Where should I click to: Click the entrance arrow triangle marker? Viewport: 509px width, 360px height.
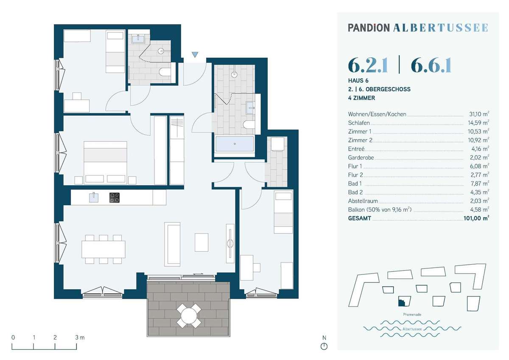[x=195, y=55]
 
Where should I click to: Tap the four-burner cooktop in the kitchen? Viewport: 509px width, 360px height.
[x=114, y=198]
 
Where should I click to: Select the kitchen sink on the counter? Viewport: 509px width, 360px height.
[x=94, y=197]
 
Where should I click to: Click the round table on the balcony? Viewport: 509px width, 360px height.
[x=189, y=316]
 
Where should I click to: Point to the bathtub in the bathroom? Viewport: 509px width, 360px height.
[x=235, y=144]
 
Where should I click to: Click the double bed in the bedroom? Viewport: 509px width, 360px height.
[x=105, y=163]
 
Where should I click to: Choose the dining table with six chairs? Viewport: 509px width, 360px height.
[x=103, y=249]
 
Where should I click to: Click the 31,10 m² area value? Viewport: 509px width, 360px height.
[x=479, y=114]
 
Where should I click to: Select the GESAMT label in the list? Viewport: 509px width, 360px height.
[x=360, y=218]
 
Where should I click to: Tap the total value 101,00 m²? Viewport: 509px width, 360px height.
[x=476, y=218]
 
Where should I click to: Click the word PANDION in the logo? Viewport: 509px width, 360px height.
[x=369, y=28]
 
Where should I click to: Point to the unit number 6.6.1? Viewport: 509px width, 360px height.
[x=431, y=66]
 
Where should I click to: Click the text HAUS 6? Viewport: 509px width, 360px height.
[x=358, y=81]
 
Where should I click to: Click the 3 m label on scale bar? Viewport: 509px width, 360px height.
[x=80, y=338]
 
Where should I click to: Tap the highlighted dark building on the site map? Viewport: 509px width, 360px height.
[x=402, y=302]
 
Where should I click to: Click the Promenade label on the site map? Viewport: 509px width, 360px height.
[x=412, y=315]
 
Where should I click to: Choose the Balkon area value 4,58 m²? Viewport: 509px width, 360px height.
[x=479, y=209]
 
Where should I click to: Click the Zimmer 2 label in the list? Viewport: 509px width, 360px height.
[x=360, y=140]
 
